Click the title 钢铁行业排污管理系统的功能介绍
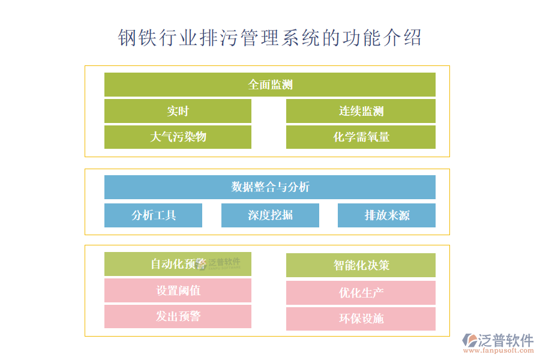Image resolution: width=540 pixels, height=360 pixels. tap(270, 37)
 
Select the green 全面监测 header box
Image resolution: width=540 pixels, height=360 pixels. tap(270, 85)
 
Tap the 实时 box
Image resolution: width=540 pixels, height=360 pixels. tap(178, 111)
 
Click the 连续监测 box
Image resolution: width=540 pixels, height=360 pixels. tap(361, 111)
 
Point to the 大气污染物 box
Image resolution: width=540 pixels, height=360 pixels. tap(178, 137)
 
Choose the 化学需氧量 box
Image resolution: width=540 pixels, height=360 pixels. tap(361, 137)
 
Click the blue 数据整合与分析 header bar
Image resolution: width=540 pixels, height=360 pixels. tap(270, 187)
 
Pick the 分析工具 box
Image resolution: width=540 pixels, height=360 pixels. tap(153, 215)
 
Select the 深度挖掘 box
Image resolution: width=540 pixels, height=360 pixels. tap(270, 215)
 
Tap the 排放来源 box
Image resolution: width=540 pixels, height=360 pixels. tap(386, 215)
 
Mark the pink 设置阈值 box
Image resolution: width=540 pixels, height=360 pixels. tap(178, 290)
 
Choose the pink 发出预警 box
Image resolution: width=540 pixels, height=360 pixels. tap(178, 317)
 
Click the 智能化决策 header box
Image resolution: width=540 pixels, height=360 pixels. tap(361, 265)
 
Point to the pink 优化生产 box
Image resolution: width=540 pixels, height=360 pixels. tap(361, 293)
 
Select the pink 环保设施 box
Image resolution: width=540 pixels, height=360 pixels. tap(361, 319)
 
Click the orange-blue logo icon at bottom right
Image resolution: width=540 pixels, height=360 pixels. tap(469, 342)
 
